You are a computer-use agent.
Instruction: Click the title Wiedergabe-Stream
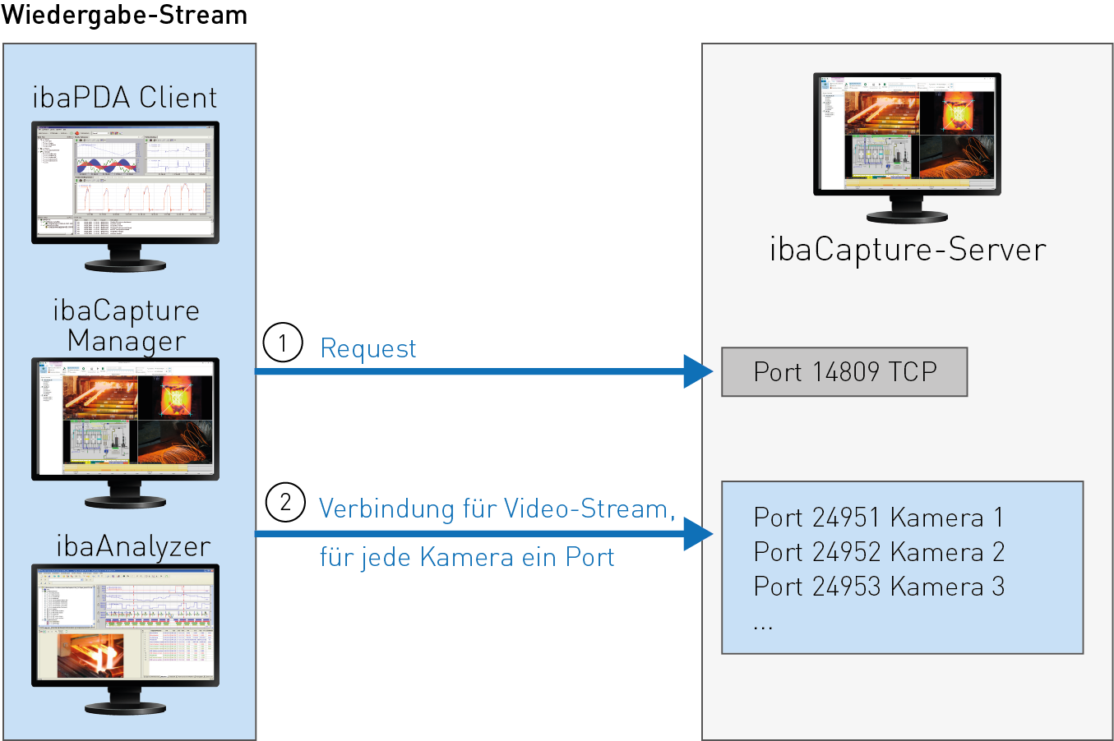point(124,15)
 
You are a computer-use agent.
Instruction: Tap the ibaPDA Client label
point(125,98)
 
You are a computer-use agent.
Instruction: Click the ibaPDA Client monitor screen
point(125,181)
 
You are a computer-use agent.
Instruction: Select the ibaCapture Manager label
point(127,325)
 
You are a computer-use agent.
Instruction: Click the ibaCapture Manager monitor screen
point(125,417)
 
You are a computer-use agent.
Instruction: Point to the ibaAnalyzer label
point(133,546)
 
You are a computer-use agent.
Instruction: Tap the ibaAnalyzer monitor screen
point(125,624)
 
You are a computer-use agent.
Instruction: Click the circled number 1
point(283,343)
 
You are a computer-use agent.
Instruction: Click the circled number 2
point(285,501)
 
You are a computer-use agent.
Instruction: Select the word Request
point(367,348)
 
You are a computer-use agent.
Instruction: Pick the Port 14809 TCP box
point(844,372)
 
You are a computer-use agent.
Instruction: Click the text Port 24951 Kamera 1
point(878,518)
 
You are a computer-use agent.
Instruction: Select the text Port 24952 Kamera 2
point(878,552)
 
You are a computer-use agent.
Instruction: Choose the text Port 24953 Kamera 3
point(878,587)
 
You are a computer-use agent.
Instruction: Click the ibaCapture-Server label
point(908,250)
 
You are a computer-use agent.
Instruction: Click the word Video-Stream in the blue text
point(585,509)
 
